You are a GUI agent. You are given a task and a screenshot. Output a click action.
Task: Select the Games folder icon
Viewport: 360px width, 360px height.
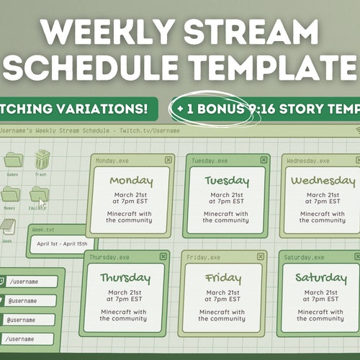tap(12, 160)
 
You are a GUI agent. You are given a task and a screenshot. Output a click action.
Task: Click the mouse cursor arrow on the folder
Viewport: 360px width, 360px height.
tap(42, 204)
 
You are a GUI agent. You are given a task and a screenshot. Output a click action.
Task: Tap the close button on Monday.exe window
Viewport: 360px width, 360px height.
tap(168, 160)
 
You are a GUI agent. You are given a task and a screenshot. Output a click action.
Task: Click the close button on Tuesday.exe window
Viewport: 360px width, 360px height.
tap(264, 160)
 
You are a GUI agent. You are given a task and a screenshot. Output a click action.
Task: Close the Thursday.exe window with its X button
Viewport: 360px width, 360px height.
tap(163, 256)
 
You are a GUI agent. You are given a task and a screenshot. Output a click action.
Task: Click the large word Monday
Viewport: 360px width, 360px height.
tap(131, 179)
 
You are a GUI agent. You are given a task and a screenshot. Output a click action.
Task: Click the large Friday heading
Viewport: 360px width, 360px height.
tap(222, 277)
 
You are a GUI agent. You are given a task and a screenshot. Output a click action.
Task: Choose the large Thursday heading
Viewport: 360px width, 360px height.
tap(125, 277)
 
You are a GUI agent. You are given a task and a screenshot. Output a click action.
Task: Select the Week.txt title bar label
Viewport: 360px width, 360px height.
tap(42, 230)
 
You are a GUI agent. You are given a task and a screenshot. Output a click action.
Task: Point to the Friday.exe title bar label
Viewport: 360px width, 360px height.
tap(199, 257)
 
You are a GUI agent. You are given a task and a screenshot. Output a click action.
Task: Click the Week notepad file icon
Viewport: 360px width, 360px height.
tap(7, 227)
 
